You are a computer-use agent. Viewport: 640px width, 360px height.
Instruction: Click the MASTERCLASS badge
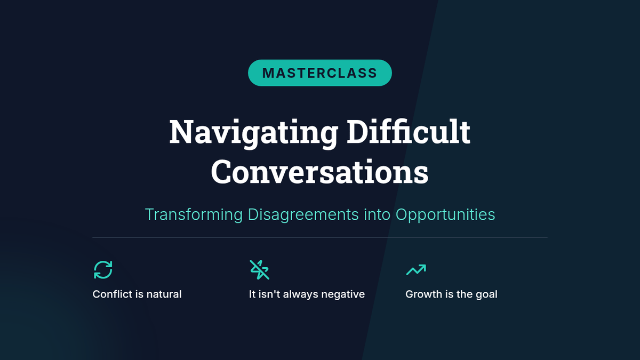click(319, 73)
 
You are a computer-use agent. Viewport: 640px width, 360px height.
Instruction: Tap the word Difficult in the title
click(409, 131)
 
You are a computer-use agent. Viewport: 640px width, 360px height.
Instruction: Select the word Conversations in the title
click(319, 172)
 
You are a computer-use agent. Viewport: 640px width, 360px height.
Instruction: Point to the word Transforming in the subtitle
click(194, 215)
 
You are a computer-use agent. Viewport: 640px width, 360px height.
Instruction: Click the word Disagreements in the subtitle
click(303, 215)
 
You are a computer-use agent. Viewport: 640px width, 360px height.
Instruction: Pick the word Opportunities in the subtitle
click(445, 215)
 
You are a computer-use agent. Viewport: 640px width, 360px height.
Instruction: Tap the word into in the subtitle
click(377, 214)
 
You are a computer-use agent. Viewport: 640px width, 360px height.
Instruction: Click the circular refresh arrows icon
click(103, 269)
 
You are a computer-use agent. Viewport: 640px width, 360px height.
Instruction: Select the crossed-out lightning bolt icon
click(259, 270)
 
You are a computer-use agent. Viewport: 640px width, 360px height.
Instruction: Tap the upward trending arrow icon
click(417, 270)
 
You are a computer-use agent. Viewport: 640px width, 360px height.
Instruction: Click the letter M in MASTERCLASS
click(268, 73)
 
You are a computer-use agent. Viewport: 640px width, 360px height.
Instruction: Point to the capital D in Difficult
click(358, 132)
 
